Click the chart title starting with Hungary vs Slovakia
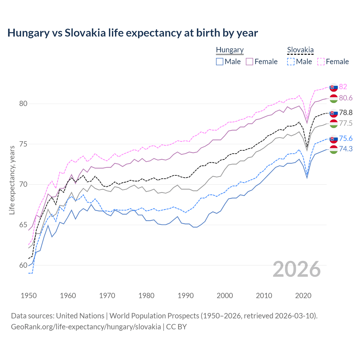click(x=132, y=33)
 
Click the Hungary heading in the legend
click(x=229, y=50)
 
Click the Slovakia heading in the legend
click(x=300, y=50)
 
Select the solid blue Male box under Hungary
click(x=220, y=62)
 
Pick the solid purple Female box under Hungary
click(x=249, y=62)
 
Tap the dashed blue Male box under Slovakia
click(x=291, y=62)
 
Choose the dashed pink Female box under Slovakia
click(x=321, y=62)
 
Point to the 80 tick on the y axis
click(x=23, y=103)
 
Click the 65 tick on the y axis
click(x=23, y=225)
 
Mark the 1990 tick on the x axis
click(x=186, y=296)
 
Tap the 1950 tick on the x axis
click(x=29, y=296)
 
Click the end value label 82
click(x=343, y=87)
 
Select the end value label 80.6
click(x=346, y=98)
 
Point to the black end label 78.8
click(x=346, y=113)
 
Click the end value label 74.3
click(x=346, y=149)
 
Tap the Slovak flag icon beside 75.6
click(x=334, y=139)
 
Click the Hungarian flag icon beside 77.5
click(x=334, y=123)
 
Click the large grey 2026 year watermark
click(x=297, y=269)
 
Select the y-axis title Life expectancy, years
click(x=12, y=180)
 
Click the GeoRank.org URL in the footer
click(x=86, y=327)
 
